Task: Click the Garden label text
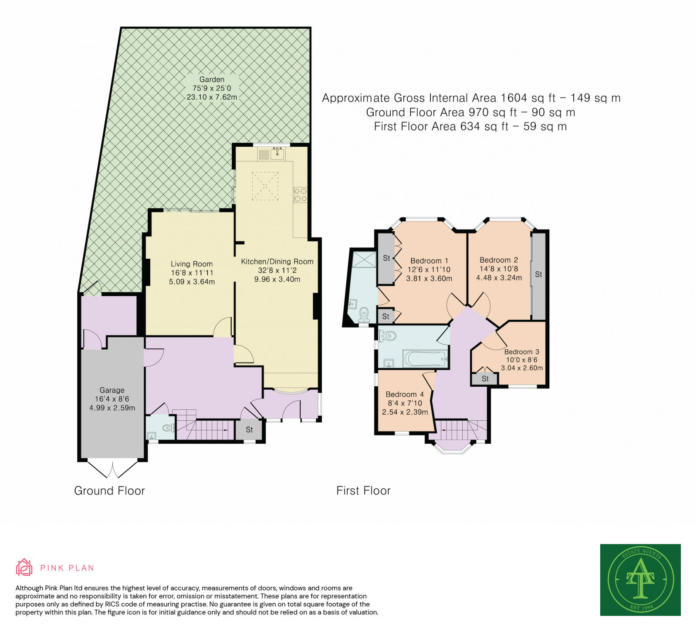pyautogui.click(x=212, y=79)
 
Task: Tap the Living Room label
pyautogui.click(x=192, y=264)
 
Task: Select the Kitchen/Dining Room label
pyautogui.click(x=277, y=261)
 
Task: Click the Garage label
pyautogui.click(x=112, y=390)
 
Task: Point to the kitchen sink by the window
pyautogui.click(x=277, y=153)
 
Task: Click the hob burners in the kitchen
pyautogui.click(x=300, y=195)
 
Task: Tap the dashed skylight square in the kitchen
pyautogui.click(x=265, y=186)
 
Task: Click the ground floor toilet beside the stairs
pyautogui.click(x=168, y=428)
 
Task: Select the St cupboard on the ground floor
pyautogui.click(x=249, y=430)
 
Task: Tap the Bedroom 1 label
pyautogui.click(x=429, y=260)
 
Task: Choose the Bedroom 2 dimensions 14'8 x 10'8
pyautogui.click(x=499, y=269)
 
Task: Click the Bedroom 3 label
pyautogui.click(x=521, y=351)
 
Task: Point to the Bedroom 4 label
pyautogui.click(x=405, y=394)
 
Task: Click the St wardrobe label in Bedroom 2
pyautogui.click(x=538, y=274)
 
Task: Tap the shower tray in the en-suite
pyautogui.click(x=363, y=260)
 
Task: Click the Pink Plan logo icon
pyautogui.click(x=24, y=567)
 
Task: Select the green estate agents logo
pyautogui.click(x=640, y=579)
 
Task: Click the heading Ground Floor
pyautogui.click(x=109, y=491)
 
